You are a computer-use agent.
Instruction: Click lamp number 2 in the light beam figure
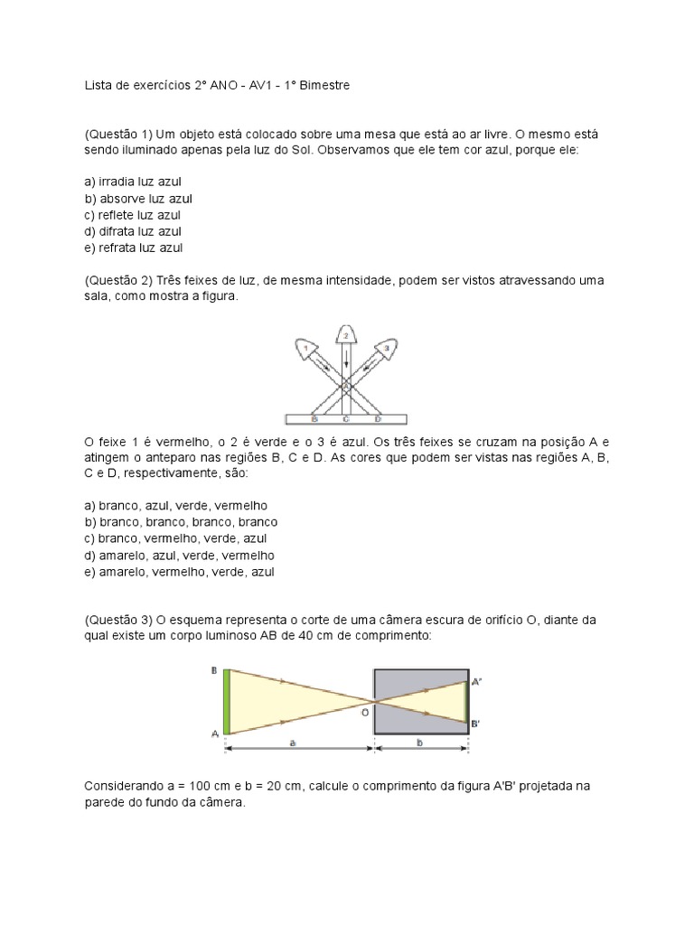pos(345,334)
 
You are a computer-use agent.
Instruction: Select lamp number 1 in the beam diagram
pos(307,348)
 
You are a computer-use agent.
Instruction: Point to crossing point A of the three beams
pos(345,388)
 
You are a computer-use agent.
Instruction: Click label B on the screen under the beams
pos(314,419)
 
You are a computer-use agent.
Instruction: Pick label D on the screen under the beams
pos(378,419)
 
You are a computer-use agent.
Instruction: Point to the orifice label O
pos(364,713)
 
